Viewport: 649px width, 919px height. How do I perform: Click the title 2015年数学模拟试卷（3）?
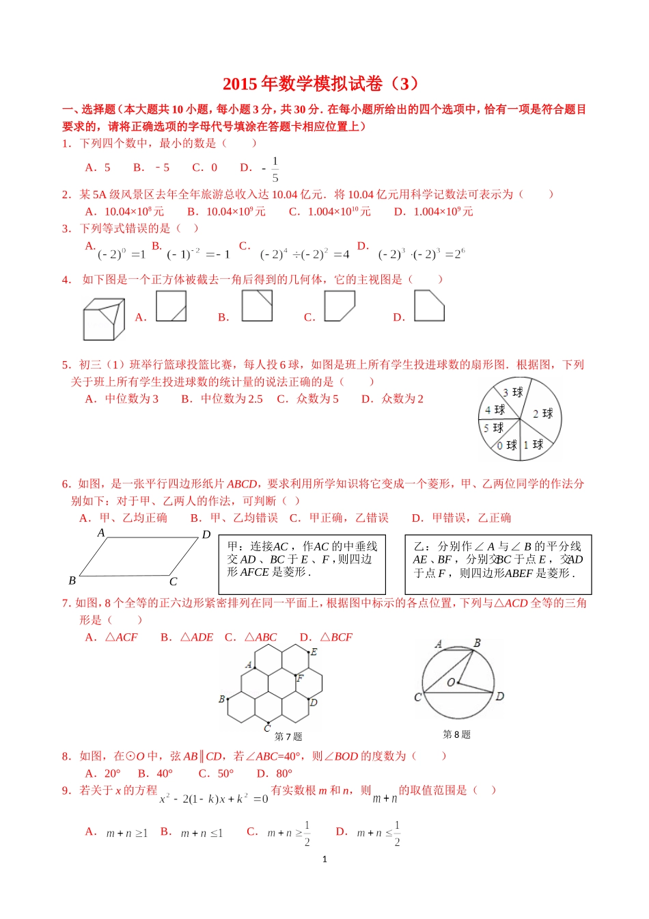tap(321, 83)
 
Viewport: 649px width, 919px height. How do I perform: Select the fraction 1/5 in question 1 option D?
tap(275, 169)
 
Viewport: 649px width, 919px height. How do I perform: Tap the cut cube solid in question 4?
tap(104, 319)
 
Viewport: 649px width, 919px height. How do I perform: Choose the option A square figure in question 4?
tap(171, 306)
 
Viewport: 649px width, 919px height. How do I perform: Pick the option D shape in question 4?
tap(429, 306)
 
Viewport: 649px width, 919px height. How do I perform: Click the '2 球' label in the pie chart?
tap(542, 414)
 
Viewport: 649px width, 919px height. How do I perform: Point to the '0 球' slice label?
tap(506, 445)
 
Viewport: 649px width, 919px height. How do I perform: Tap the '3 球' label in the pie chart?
tap(512, 392)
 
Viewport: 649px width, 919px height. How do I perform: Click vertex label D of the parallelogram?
tap(206, 535)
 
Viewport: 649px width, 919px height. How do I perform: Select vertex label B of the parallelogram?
tap(72, 581)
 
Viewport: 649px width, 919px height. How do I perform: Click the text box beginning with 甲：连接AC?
tap(302, 564)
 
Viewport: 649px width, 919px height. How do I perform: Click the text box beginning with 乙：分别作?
tap(498, 564)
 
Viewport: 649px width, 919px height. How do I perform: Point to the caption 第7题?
tap(288, 736)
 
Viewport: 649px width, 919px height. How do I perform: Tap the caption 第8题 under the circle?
tap(456, 734)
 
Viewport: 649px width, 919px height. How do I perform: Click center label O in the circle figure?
tap(451, 682)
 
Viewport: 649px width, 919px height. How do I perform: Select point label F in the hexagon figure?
tap(300, 678)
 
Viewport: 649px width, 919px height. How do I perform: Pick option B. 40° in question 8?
tap(155, 773)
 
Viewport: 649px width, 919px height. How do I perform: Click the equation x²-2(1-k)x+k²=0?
tap(213, 799)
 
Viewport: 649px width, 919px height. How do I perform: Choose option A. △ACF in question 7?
tap(111, 637)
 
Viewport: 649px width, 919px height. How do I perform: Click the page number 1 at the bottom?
tap(324, 859)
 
